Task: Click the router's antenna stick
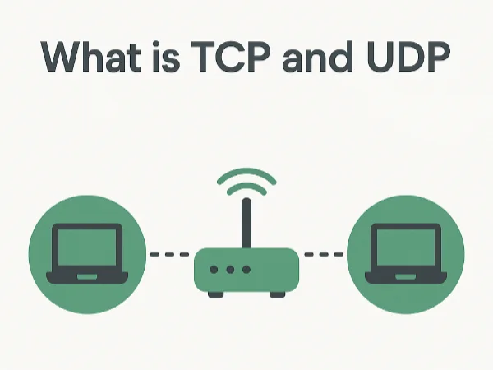pos(245,224)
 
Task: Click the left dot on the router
pos(214,270)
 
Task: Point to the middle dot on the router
pos(230,270)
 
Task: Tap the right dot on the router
pos(246,270)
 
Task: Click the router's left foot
pos(214,294)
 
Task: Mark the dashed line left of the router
pos(171,254)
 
